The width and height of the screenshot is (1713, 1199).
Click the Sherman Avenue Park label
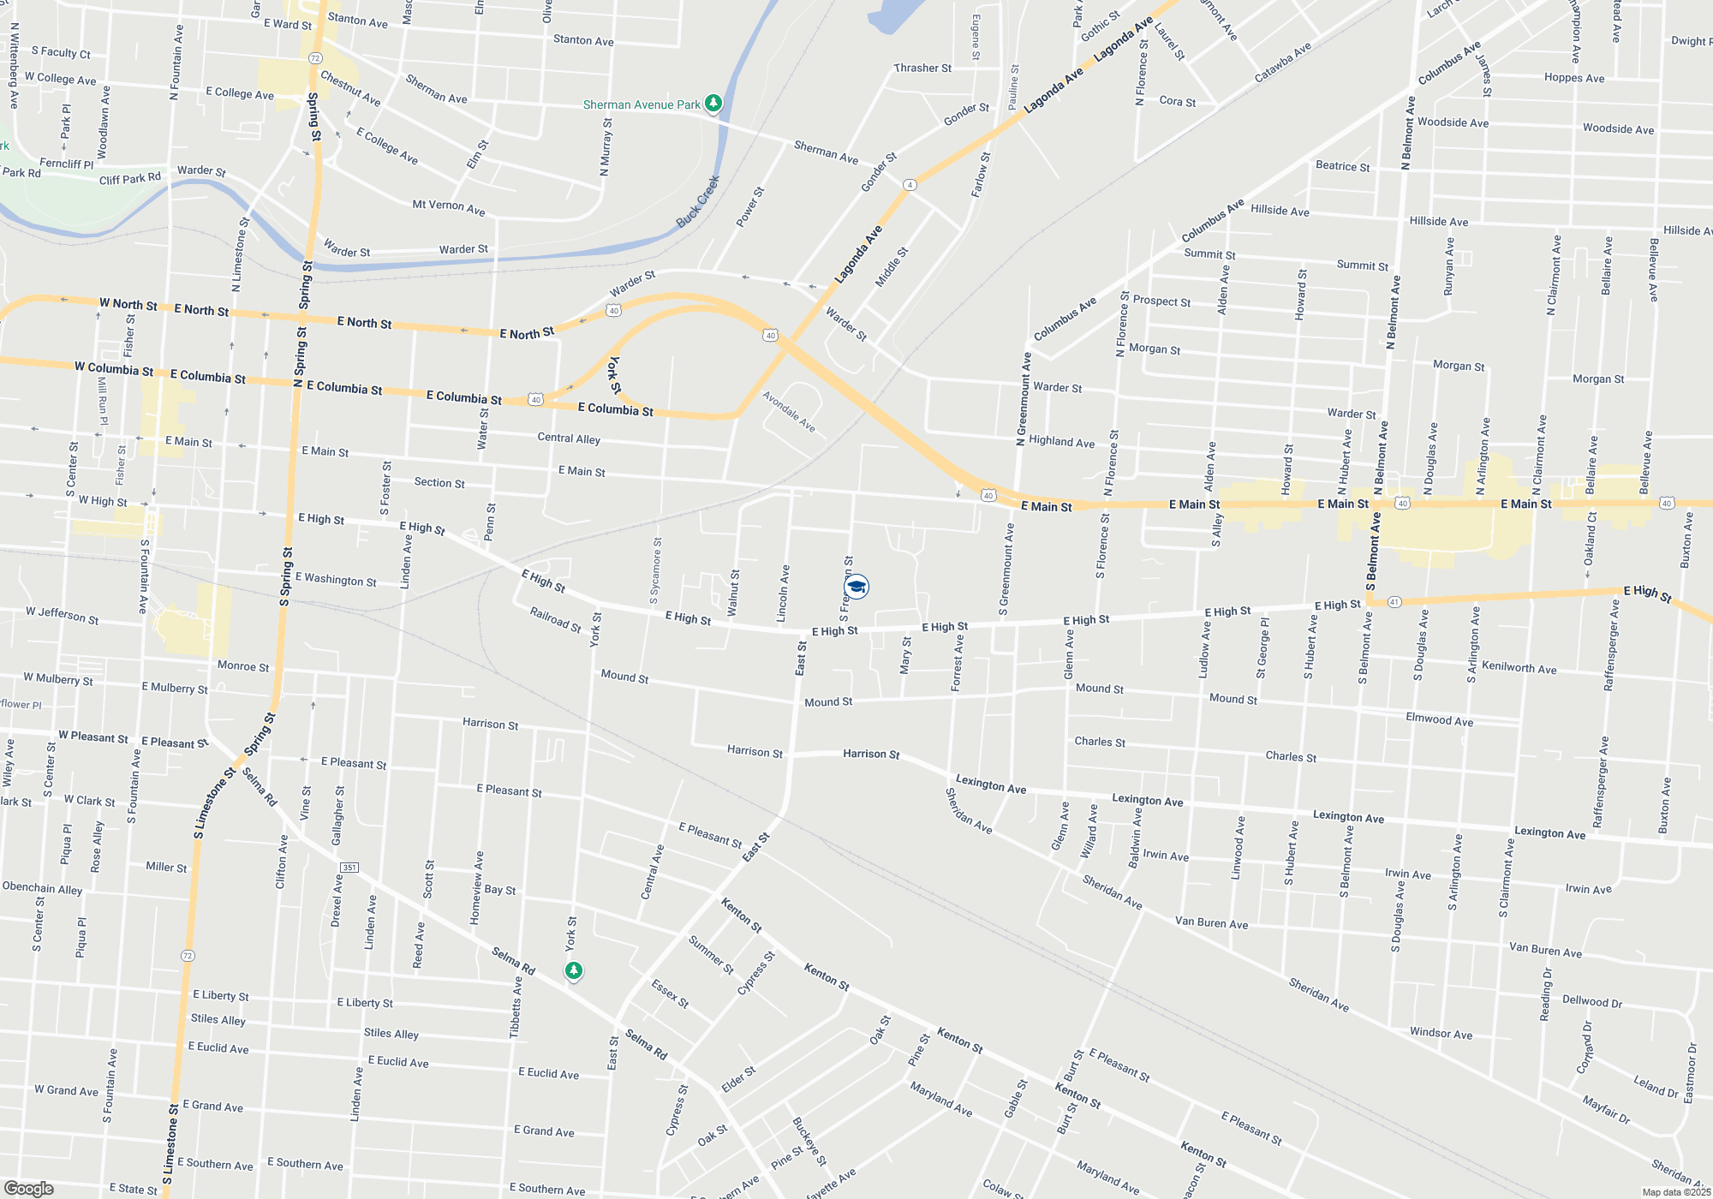click(642, 104)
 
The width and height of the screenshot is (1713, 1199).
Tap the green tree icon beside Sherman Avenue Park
click(713, 104)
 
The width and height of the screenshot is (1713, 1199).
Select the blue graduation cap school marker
click(856, 586)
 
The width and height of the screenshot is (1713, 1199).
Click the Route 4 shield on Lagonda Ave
click(910, 185)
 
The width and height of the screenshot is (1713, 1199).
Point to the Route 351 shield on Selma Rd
click(349, 868)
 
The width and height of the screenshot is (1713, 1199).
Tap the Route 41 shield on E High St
click(1394, 602)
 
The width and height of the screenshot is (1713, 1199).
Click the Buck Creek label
click(698, 202)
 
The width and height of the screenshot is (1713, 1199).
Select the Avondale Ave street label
click(789, 412)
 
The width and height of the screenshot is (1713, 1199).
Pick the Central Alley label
click(569, 438)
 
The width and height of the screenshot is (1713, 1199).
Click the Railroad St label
click(555, 619)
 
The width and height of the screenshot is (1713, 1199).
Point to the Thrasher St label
click(922, 69)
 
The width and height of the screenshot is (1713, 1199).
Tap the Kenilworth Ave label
click(1519, 668)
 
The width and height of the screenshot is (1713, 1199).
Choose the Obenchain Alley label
click(42, 888)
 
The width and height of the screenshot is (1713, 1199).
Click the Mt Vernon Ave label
click(449, 206)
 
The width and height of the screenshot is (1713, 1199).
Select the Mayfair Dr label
click(1606, 1109)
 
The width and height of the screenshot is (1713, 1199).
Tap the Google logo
click(28, 1189)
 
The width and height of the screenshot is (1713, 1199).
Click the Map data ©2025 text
click(1676, 1192)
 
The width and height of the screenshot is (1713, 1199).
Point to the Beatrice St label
click(1342, 166)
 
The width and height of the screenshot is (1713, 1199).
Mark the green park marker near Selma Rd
click(574, 971)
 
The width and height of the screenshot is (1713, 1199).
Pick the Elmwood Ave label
click(1439, 719)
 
